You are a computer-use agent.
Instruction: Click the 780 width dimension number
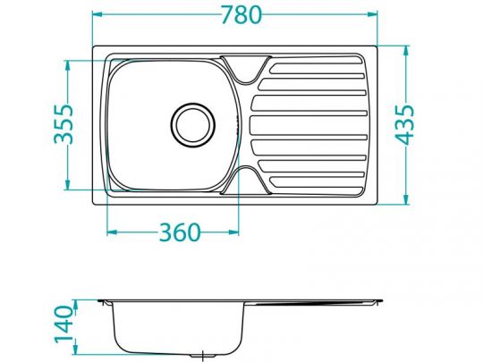[235, 15]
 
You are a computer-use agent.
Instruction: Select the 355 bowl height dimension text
[60, 125]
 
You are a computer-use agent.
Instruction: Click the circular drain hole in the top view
[194, 123]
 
